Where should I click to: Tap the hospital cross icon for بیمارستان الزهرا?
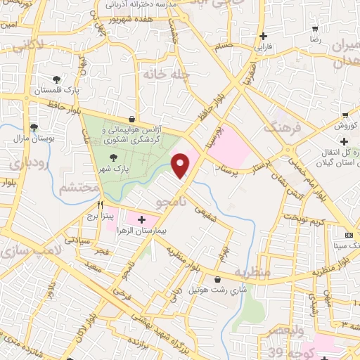142,219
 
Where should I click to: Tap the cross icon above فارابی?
263,36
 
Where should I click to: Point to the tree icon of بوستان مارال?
32,127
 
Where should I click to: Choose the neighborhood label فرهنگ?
281,127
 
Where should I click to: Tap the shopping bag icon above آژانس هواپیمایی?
133,120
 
